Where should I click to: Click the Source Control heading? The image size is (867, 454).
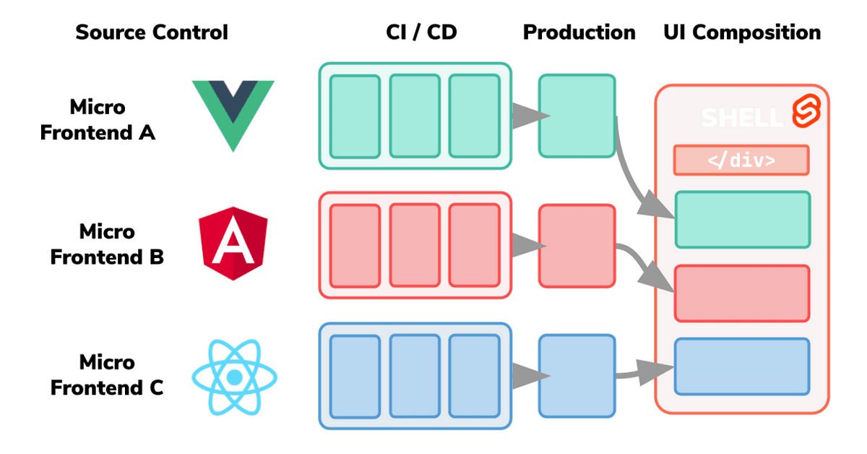tap(152, 33)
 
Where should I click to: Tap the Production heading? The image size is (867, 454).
tap(579, 33)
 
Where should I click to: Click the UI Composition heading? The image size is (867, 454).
tap(742, 33)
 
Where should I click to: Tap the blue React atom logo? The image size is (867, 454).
tap(233, 377)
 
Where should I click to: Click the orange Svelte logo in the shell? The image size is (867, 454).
tap(803, 113)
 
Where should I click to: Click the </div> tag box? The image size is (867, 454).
tap(741, 160)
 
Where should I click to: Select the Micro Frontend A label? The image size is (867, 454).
tap(98, 120)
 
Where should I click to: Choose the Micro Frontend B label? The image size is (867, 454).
tap(107, 244)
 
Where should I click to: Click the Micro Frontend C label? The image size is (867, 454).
tap(107, 374)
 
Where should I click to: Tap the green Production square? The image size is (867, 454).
tap(577, 116)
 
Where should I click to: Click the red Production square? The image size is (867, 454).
tap(577, 246)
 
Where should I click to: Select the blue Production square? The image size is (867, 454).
tap(577, 376)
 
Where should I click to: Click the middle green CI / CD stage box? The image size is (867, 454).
tap(415, 116)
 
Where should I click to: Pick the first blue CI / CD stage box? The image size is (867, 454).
tap(355, 376)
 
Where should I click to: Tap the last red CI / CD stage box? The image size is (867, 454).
tap(475, 246)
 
